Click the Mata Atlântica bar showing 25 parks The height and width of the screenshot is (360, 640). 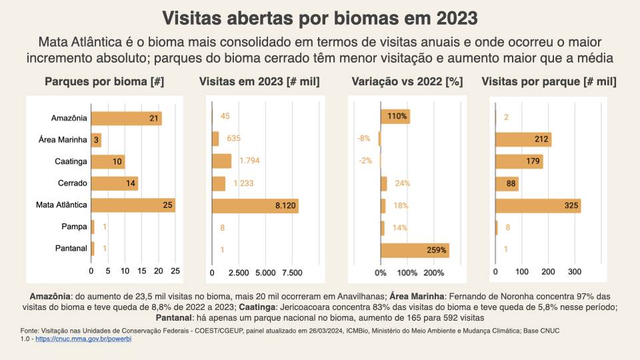(x=133, y=205)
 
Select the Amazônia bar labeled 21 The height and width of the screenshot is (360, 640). (x=126, y=118)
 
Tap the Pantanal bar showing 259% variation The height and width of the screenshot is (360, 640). (x=415, y=250)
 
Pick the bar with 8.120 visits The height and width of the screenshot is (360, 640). (x=255, y=205)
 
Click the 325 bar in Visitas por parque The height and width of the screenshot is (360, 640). (x=537, y=205)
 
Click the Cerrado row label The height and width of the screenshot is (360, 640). (x=71, y=183)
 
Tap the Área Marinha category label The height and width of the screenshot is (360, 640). (x=63, y=140)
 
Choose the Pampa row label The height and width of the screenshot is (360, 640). (x=75, y=227)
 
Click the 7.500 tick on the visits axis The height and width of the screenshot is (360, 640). (x=292, y=273)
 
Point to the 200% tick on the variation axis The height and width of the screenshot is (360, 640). (x=434, y=273)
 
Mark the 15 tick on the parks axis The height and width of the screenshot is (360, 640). (x=142, y=272)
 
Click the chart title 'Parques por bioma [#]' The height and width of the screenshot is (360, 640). (x=105, y=82)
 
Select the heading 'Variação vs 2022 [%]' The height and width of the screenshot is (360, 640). (x=407, y=82)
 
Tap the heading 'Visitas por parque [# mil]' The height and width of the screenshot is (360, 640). (x=549, y=82)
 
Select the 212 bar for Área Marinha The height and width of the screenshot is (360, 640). (x=523, y=139)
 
